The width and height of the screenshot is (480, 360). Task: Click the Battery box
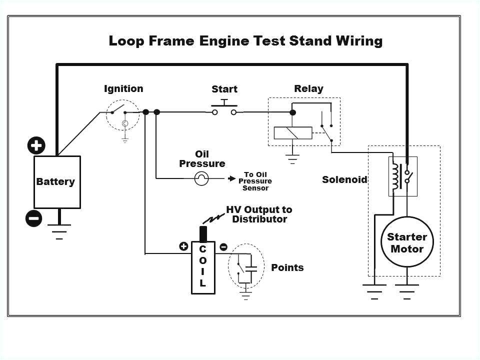coord(56,182)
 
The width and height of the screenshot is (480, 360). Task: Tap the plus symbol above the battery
coord(36,145)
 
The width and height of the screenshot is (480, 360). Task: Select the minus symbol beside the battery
coord(33,218)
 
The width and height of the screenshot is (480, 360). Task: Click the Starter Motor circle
coord(407,243)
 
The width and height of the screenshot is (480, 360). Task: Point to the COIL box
coord(202,267)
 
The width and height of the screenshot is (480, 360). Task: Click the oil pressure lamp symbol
coord(201,178)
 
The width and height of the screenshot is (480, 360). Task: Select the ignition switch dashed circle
coord(123,114)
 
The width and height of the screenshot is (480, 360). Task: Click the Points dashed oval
coord(246,266)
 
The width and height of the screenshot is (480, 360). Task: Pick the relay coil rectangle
coord(292,133)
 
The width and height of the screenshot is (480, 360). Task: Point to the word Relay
coord(308,89)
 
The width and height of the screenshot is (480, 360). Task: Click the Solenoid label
coord(344,179)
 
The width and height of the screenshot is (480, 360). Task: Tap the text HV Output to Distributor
coord(259,214)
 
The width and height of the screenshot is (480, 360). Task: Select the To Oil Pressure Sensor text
coord(255,181)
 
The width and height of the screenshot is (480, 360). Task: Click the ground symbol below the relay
coord(292,159)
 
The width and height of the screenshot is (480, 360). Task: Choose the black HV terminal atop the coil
coord(203,234)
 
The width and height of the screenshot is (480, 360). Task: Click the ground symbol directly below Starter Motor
coord(407,291)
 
